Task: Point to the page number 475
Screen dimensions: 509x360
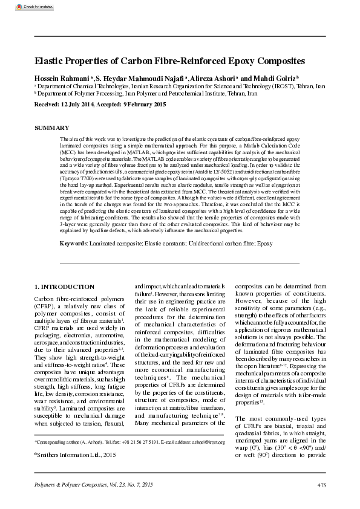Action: (x=321, y=486)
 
